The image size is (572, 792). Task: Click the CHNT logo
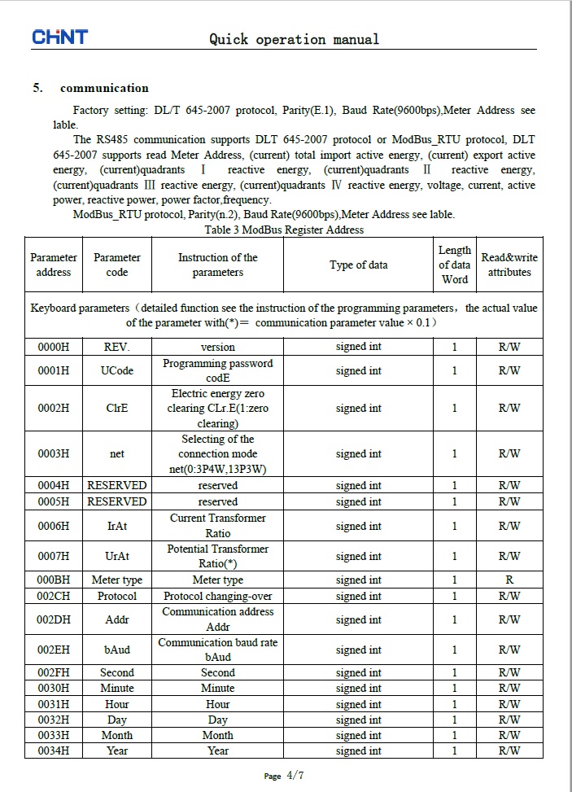point(59,37)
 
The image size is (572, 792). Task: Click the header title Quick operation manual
point(294,39)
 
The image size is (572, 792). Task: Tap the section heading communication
point(104,88)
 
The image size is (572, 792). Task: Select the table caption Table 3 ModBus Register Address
point(284,230)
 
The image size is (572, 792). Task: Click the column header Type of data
point(358,265)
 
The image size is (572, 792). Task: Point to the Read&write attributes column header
point(509,265)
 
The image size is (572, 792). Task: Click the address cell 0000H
point(54,347)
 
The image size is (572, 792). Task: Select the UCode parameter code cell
point(117,371)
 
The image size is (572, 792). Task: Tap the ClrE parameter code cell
point(117,409)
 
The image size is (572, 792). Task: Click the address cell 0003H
point(54,454)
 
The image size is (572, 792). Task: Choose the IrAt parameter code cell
point(117,526)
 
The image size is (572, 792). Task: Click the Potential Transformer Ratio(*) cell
point(217,556)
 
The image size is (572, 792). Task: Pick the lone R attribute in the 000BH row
point(509,580)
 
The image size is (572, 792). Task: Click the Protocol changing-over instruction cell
point(217,596)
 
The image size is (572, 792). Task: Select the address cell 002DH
point(54,619)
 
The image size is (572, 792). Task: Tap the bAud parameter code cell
point(117,650)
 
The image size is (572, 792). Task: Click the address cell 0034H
point(54,750)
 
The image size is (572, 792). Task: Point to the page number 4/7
point(295,776)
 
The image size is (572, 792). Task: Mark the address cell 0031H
point(54,704)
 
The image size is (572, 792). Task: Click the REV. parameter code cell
point(117,347)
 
